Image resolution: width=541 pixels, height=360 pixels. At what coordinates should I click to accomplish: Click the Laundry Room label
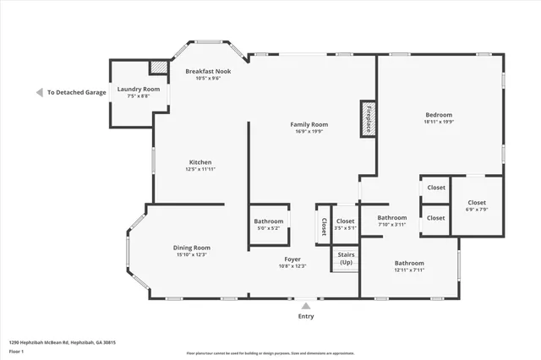point(139,89)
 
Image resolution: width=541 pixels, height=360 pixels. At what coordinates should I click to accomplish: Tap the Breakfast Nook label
point(208,71)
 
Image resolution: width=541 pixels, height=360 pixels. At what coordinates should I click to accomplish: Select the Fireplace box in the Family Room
point(368,119)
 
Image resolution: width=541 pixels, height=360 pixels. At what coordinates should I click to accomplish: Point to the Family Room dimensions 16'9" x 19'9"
point(309,132)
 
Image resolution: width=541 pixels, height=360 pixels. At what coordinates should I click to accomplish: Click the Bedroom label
point(439,115)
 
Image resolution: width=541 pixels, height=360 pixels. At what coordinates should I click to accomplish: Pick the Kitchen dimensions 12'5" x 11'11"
point(200,169)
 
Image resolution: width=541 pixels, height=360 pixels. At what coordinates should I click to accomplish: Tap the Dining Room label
point(192,247)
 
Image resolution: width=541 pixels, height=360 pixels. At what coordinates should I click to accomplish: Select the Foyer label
point(292,259)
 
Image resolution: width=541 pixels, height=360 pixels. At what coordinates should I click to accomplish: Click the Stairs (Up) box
point(346,258)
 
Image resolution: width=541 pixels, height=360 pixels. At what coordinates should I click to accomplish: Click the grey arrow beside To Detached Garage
point(39,92)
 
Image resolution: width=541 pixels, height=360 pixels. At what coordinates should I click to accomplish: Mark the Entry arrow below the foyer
point(306,306)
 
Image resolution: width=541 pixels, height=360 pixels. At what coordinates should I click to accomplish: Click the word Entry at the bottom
point(306,317)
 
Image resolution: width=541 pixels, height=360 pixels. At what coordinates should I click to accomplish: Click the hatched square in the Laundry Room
point(158,68)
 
